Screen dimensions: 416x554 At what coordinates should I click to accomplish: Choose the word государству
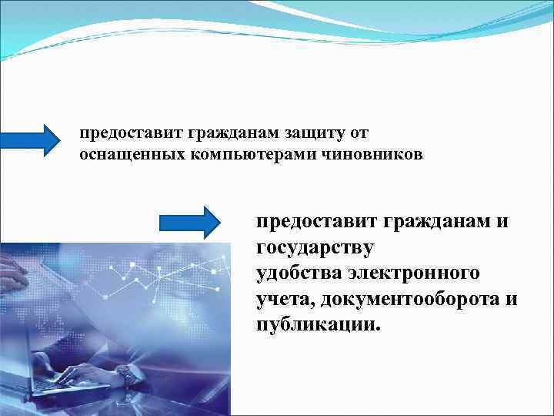point(315,248)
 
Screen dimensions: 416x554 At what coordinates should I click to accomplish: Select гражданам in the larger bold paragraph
point(439,222)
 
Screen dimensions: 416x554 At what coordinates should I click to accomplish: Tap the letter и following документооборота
point(512,299)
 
